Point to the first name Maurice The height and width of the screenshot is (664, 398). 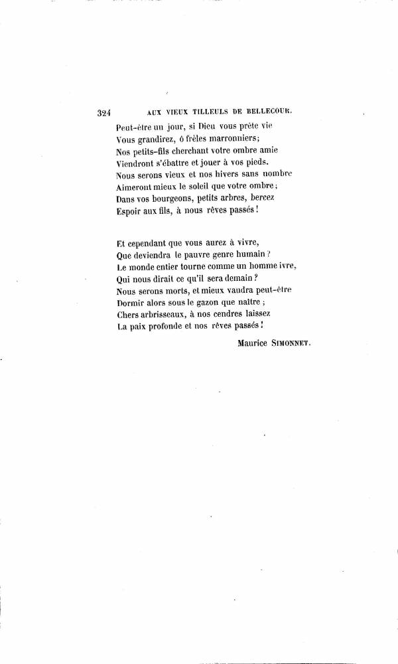point(257,343)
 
